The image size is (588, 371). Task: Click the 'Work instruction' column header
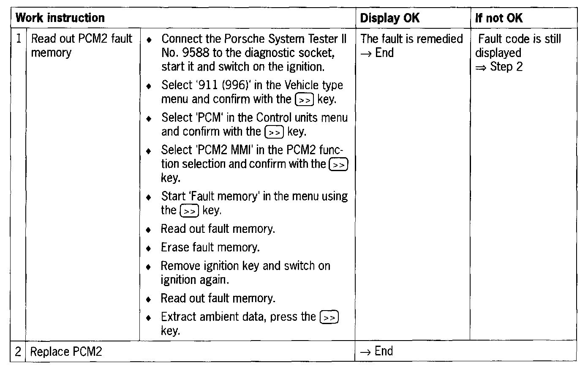tap(60, 18)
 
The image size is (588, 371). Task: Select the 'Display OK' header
tap(389, 18)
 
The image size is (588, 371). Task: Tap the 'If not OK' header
tap(498, 18)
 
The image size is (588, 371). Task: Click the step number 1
tap(19, 39)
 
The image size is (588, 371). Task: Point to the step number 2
tap(18, 352)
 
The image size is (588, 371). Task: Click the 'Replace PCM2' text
tap(66, 352)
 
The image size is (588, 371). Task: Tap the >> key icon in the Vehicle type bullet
tap(305, 100)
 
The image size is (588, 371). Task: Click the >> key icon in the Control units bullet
tap(274, 132)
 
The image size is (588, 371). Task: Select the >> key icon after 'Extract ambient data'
tap(329, 317)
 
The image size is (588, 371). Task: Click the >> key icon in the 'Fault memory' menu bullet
tap(189, 211)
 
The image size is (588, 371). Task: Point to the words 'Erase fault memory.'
tap(210, 247)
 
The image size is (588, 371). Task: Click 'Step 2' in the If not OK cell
tap(506, 67)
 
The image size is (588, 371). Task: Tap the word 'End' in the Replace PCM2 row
tap(384, 351)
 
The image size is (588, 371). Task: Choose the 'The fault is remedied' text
tap(411, 39)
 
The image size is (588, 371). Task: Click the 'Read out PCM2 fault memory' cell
tap(82, 46)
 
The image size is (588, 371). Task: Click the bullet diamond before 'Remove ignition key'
tap(148, 267)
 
